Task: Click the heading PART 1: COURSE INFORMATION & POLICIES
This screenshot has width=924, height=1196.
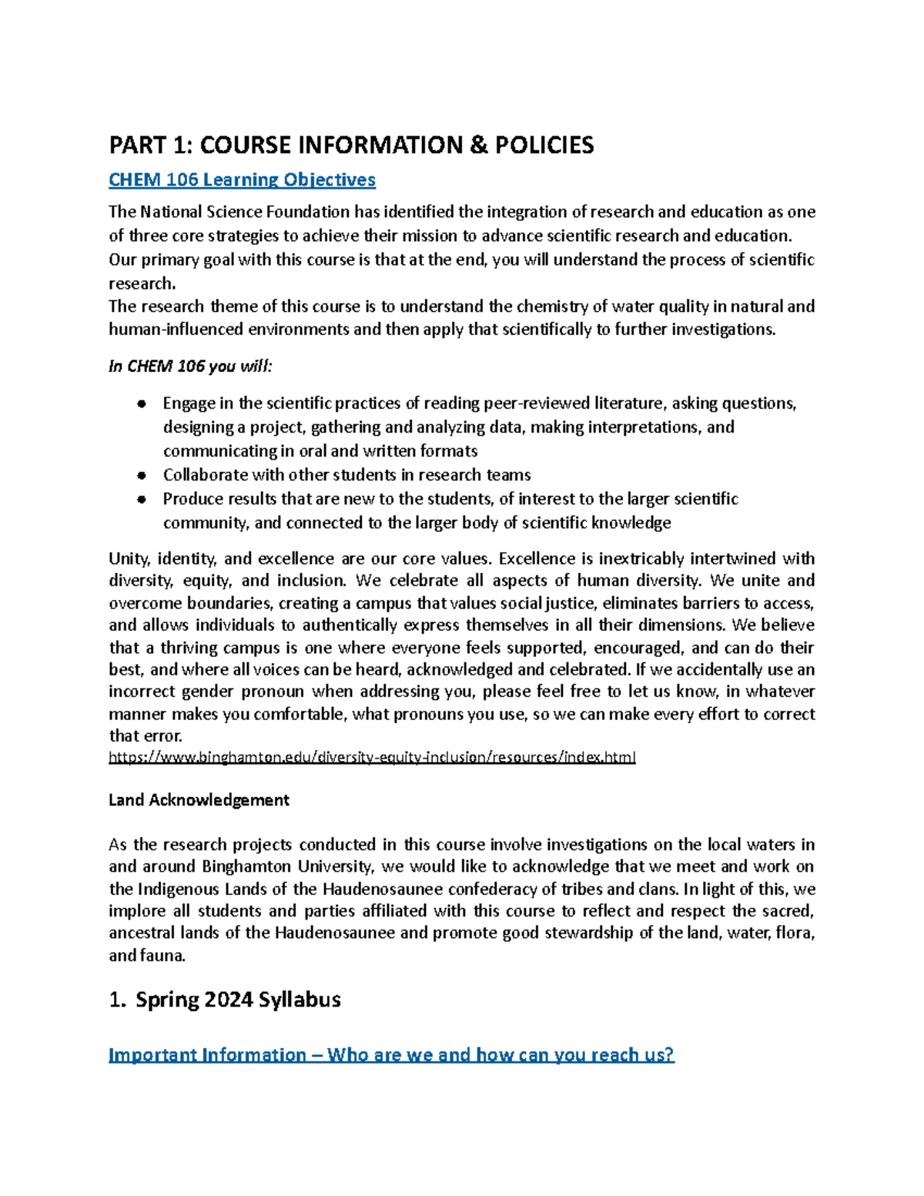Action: click(x=351, y=145)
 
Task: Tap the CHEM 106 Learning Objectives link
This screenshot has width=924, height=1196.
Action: click(x=242, y=180)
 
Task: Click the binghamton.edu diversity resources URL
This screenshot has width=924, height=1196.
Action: click(x=372, y=757)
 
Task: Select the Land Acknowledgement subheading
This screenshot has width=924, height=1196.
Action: click(x=199, y=800)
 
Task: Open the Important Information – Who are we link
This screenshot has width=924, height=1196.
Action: click(x=391, y=1054)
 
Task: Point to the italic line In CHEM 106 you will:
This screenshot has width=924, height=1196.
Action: click(x=190, y=367)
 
